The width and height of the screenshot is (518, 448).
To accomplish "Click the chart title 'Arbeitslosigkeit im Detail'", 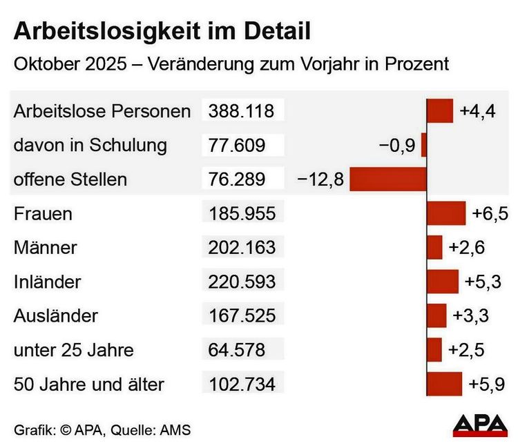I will point(162,31).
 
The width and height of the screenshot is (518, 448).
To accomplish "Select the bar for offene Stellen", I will point(388,179).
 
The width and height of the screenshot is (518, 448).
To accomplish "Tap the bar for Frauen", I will point(446,213).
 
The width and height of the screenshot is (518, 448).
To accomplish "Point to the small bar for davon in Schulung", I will point(424,145).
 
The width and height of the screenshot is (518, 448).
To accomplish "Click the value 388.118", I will point(241,110).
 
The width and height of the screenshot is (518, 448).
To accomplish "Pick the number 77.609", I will point(236,145).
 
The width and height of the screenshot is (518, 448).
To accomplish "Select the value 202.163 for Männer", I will point(241,247).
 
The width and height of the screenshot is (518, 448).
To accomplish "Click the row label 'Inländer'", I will point(48,282).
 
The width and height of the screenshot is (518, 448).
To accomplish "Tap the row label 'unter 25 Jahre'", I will point(73,350).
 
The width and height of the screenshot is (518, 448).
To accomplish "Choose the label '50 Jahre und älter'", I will point(88,384).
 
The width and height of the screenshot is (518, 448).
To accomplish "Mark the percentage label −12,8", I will point(320,179).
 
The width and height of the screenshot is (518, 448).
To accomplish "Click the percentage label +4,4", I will point(478,111).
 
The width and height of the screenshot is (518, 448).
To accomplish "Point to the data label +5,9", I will point(487,384).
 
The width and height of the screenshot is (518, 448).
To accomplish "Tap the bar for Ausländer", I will point(437,315).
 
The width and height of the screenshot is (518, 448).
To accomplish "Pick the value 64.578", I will point(236,350).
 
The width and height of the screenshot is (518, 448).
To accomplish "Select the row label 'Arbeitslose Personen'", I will point(102,111).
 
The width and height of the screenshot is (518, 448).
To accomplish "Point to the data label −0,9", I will point(396,146).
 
